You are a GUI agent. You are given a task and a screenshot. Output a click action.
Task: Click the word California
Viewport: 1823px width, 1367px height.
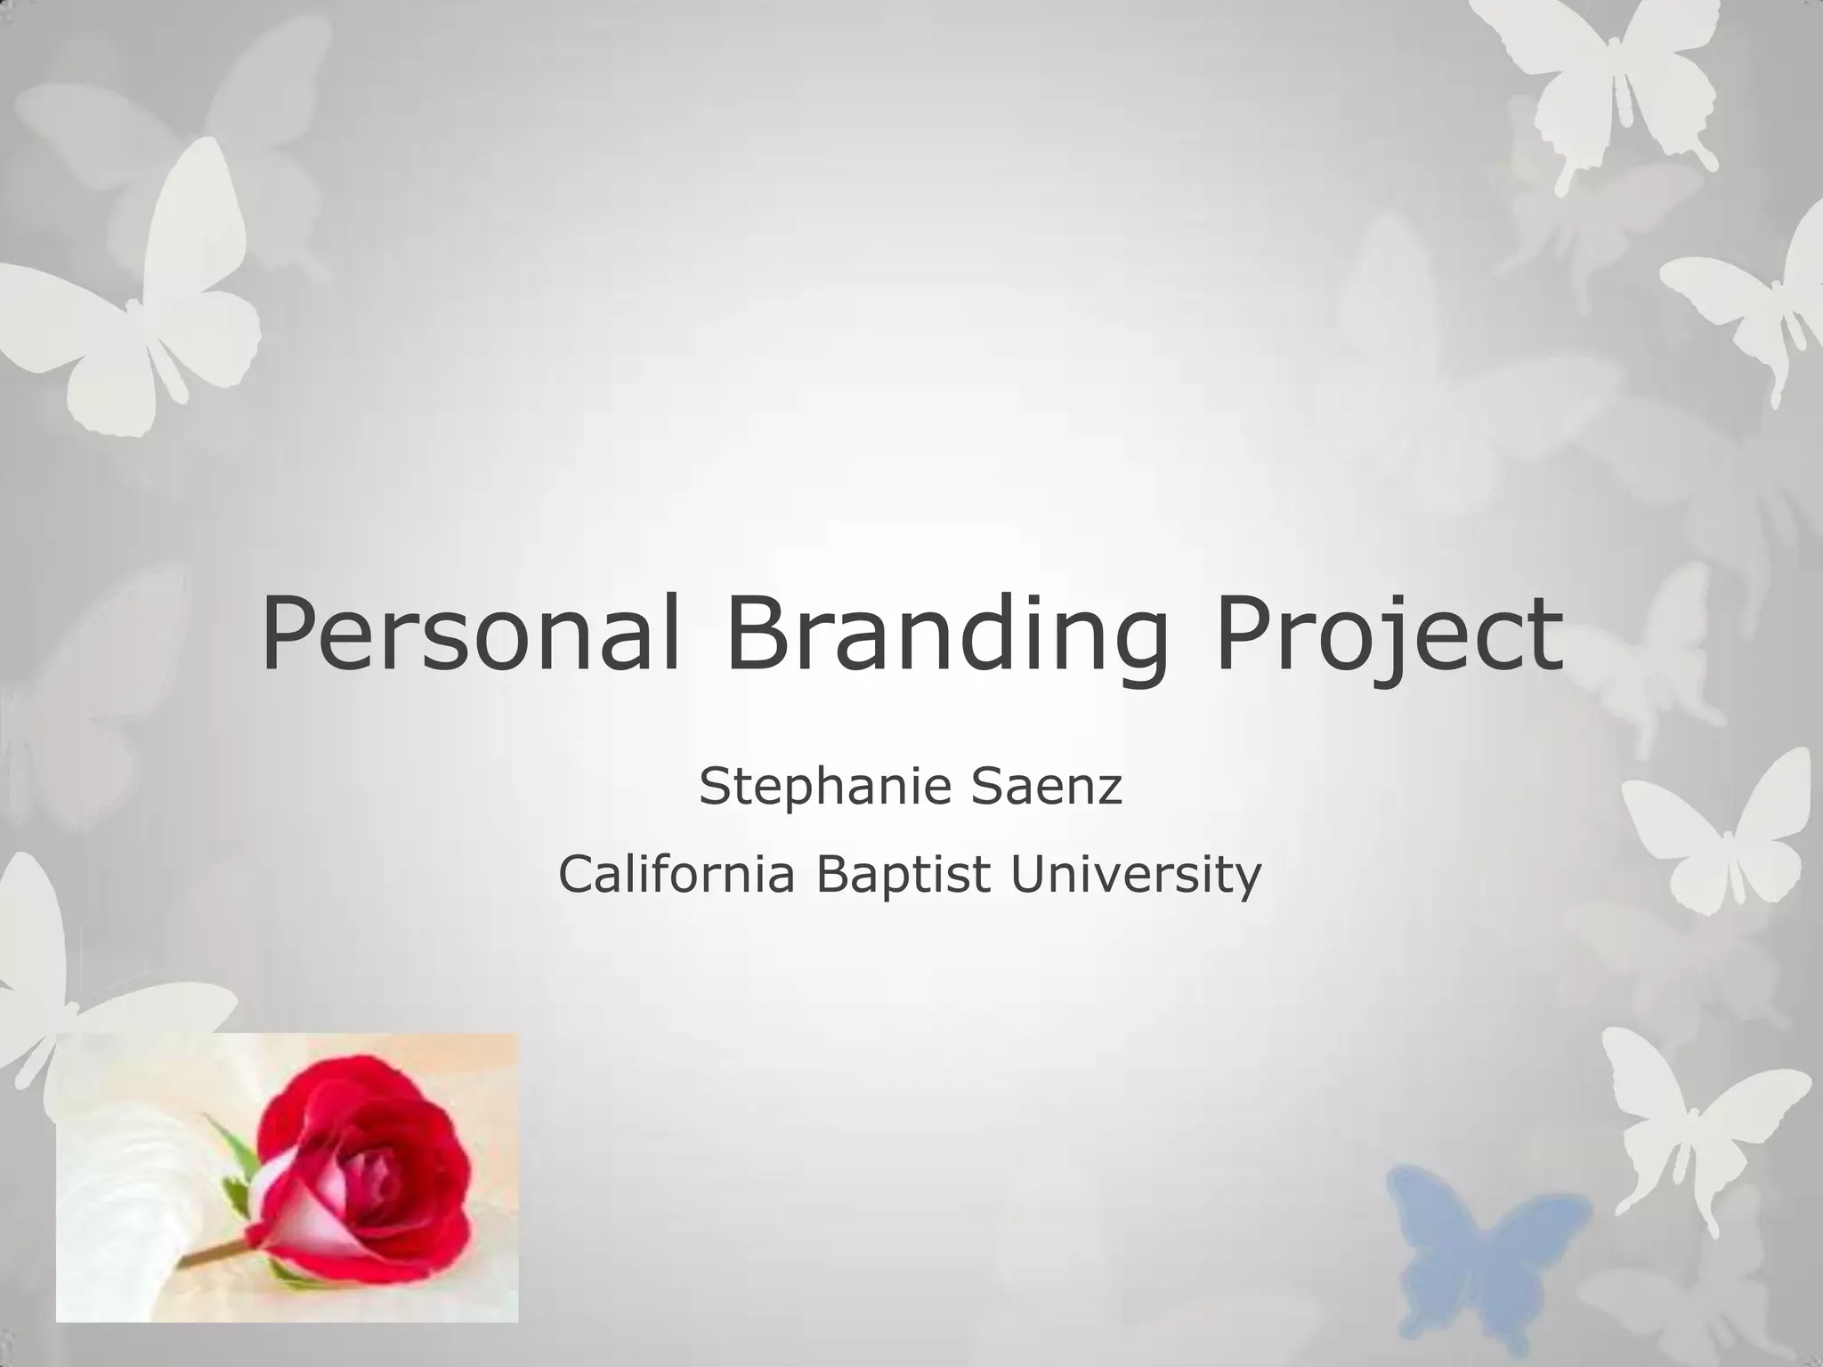click(x=676, y=875)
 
